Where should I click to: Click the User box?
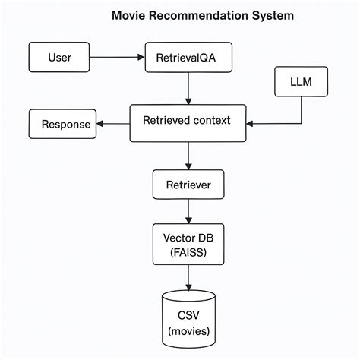(60, 57)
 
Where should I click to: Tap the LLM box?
(302, 80)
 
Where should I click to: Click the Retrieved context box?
(188, 120)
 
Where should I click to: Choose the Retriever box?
(188, 184)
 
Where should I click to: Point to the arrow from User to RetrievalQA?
(118, 57)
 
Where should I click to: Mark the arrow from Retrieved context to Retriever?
(188, 155)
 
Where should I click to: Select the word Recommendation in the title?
(194, 15)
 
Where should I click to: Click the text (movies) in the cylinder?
(188, 331)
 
